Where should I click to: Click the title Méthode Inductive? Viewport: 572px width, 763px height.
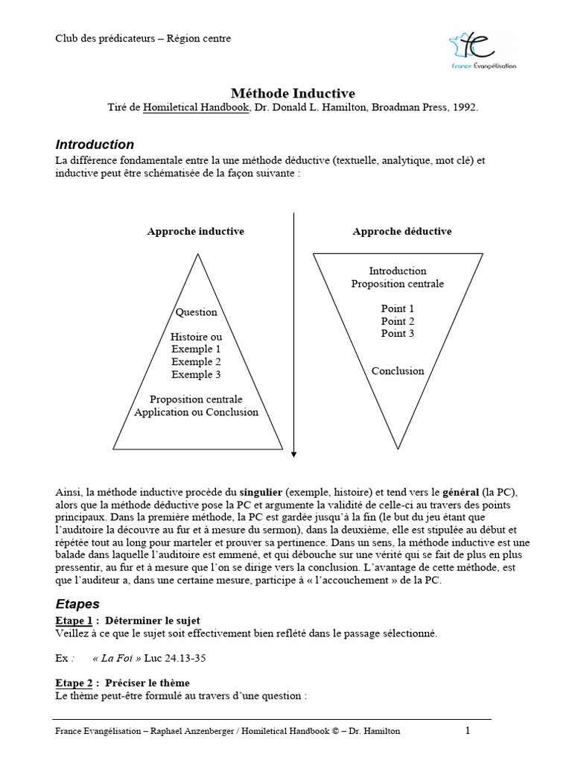[293, 93]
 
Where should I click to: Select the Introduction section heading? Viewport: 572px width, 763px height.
[95, 145]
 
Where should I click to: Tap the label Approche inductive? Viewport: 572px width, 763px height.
[195, 232]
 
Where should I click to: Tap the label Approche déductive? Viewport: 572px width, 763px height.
[401, 232]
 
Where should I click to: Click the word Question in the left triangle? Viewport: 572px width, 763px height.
[196, 312]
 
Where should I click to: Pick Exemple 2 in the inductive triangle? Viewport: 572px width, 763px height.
[196, 362]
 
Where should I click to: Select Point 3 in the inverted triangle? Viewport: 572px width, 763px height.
[398, 334]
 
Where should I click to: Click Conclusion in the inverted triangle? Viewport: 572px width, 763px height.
[398, 371]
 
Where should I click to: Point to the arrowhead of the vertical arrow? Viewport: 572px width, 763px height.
[294, 453]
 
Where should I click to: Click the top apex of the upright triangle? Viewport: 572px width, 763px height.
[197, 255]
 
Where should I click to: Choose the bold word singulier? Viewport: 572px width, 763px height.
[261, 493]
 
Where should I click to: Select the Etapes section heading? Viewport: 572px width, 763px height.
[77, 604]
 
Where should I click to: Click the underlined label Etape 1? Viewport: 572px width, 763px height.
[74, 621]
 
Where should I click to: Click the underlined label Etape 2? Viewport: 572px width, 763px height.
[74, 683]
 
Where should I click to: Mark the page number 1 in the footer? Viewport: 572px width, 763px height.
[468, 731]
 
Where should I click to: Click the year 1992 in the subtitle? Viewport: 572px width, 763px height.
[463, 107]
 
